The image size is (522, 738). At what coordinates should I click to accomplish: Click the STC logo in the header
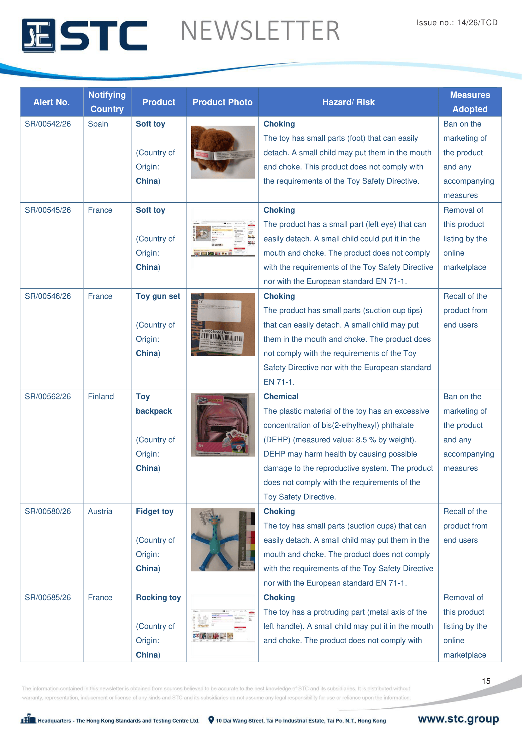coord(84,35)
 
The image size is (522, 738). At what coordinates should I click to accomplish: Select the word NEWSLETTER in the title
coord(260,31)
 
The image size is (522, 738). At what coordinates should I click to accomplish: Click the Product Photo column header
coord(222,102)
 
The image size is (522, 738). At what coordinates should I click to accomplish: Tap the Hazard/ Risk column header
coord(348,102)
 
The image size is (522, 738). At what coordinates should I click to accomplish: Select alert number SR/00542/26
coord(48,124)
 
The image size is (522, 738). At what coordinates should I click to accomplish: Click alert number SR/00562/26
coord(48,397)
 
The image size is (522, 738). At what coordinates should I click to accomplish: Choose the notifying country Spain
coord(98,124)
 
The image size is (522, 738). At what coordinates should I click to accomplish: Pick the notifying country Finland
coord(101,397)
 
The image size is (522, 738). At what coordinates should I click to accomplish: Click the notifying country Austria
coord(100,511)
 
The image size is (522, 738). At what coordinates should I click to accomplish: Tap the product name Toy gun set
coord(158,296)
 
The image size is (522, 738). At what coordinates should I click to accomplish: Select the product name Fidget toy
coord(155,511)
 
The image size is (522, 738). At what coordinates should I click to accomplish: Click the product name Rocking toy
coord(158,598)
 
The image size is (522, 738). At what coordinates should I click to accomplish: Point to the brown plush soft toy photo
coord(223,152)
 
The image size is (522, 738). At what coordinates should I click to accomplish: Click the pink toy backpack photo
coord(223,425)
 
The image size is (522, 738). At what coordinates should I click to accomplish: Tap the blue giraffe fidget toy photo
coord(223,540)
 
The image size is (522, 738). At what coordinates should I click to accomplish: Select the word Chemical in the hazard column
coord(281,397)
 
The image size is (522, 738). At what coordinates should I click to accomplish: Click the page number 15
coord(486,681)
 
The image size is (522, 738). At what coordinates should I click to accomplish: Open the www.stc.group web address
coord(458,719)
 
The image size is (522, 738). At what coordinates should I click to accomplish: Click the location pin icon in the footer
coord(211,720)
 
